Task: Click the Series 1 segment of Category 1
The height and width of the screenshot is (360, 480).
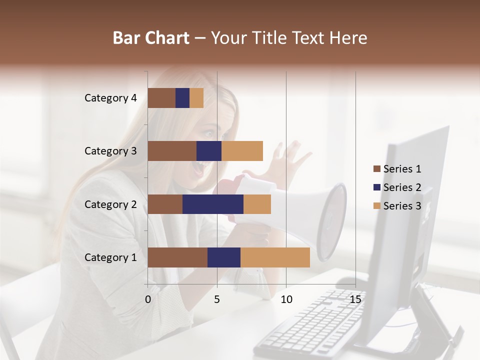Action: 177,257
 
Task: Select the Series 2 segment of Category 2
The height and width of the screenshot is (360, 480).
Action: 213,204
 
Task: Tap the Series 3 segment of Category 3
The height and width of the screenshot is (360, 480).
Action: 242,151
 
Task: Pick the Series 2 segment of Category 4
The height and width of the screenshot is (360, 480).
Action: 182,98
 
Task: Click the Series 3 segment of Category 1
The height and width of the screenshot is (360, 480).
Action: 275,257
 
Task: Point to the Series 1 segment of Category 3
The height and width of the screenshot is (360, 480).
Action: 172,151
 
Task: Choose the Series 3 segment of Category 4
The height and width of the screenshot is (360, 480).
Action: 196,98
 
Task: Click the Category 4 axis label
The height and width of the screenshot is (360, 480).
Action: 110,98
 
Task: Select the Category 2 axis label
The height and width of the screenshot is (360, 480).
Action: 110,204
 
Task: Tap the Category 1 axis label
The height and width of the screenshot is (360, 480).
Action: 110,257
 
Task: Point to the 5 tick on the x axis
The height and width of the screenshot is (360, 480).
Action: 217,299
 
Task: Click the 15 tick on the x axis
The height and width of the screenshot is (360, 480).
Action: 355,299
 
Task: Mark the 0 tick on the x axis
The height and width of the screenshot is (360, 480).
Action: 148,299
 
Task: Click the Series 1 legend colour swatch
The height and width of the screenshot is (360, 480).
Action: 376,169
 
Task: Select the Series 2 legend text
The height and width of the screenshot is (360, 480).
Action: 402,187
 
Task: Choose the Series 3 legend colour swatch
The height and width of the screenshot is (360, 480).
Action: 376,206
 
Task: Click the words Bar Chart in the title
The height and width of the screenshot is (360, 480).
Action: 151,38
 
